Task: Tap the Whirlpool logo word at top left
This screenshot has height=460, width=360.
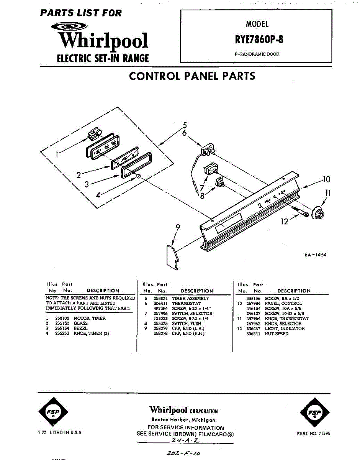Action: click(103, 41)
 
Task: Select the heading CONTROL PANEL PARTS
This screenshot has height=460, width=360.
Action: click(192, 76)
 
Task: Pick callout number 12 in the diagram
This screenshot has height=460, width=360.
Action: click(284, 222)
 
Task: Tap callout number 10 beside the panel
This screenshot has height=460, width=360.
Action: click(326, 179)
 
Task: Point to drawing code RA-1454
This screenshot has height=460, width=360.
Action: click(316, 255)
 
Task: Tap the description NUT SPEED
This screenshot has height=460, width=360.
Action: click(277, 333)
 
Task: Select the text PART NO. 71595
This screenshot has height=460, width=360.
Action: click(313, 434)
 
